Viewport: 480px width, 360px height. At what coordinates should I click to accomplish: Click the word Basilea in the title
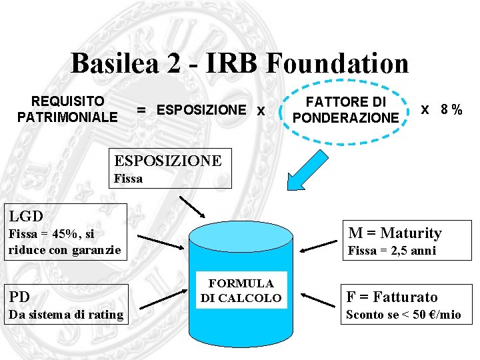(x=114, y=64)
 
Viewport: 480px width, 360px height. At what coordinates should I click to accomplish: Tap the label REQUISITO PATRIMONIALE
(x=67, y=109)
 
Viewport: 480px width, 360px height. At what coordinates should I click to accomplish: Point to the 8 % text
(x=451, y=109)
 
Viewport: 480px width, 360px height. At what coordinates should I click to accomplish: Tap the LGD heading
(x=25, y=215)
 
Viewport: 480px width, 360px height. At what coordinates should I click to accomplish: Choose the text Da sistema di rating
(x=65, y=315)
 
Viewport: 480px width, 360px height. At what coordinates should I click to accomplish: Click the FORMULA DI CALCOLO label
(x=241, y=291)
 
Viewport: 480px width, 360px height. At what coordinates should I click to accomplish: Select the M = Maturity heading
(x=395, y=233)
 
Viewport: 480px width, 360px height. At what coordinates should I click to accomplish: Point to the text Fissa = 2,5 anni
(x=392, y=251)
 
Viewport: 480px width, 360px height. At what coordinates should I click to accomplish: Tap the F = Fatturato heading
(x=392, y=297)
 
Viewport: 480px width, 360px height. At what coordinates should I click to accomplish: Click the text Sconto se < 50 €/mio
(x=403, y=315)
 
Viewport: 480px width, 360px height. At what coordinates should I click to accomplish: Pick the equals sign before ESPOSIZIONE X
(x=142, y=110)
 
